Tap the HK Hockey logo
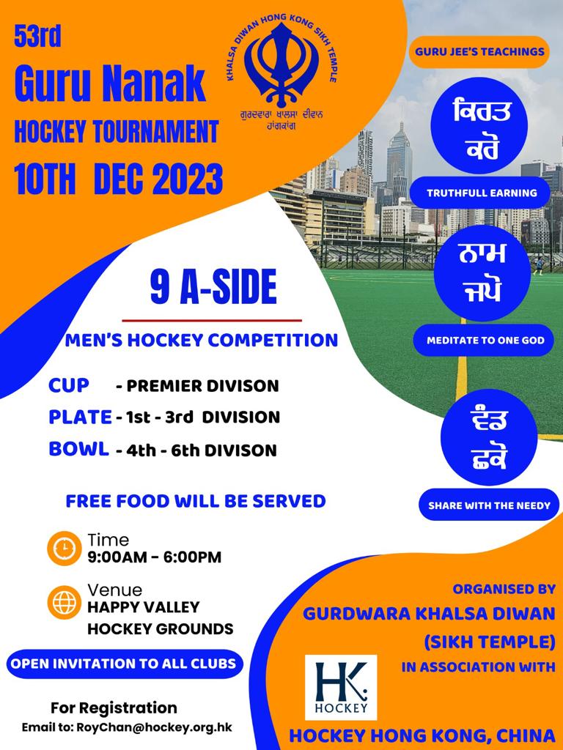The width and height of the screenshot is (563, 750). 341,687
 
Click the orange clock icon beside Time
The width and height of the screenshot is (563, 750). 65,548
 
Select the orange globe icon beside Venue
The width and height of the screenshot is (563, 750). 65,602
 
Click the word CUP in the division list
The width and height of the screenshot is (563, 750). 68,385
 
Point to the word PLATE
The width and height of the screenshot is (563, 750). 80,417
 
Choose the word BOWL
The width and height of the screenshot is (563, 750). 78,449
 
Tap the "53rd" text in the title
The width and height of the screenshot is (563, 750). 38,36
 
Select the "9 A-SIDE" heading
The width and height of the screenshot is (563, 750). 213,287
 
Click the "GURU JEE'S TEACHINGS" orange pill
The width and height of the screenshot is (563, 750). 479,52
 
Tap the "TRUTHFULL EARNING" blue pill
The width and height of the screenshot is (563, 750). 482,193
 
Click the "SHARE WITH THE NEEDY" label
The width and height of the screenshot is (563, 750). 489,505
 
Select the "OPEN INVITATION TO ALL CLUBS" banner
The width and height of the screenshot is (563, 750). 123,664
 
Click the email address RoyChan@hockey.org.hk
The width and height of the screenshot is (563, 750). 154,727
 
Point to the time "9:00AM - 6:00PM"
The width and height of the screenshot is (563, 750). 155,557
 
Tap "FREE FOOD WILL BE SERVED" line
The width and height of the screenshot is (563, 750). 196,501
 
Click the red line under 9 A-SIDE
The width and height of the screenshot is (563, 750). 212,321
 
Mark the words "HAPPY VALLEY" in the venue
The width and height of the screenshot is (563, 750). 143,607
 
